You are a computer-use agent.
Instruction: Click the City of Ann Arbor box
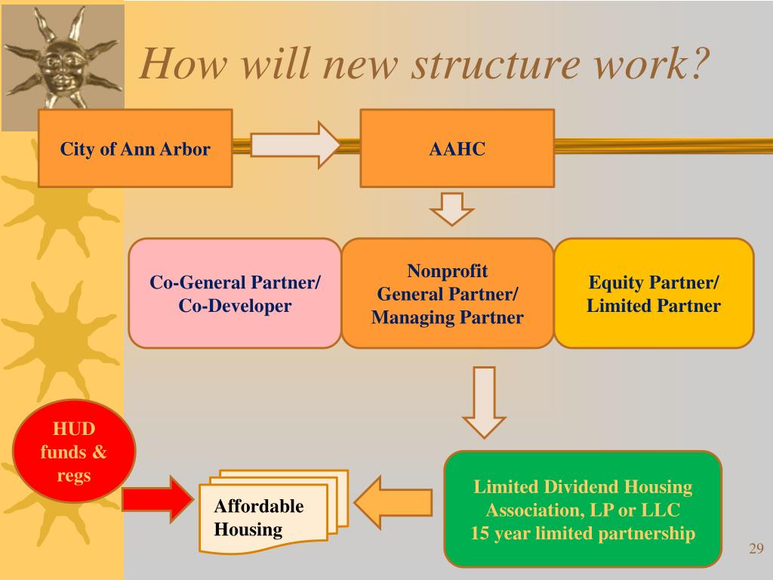pyautogui.click(x=135, y=148)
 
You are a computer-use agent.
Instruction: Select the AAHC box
pyautogui.click(x=457, y=148)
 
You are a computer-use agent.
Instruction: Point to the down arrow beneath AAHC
pyautogui.click(x=452, y=208)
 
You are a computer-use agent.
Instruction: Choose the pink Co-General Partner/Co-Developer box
pyautogui.click(x=235, y=294)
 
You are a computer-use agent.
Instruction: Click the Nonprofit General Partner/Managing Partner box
pyautogui.click(x=448, y=294)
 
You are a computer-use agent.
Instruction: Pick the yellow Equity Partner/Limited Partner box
pyautogui.click(x=654, y=294)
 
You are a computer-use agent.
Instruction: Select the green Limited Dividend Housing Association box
pyautogui.click(x=582, y=509)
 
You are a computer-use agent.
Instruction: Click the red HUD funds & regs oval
pyautogui.click(x=74, y=452)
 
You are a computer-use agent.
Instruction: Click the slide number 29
pyautogui.click(x=756, y=548)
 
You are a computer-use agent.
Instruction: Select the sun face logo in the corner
pyautogui.click(x=62, y=63)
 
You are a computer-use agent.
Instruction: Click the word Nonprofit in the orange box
pyautogui.click(x=448, y=271)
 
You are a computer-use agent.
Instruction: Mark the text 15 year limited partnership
pyautogui.click(x=582, y=533)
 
